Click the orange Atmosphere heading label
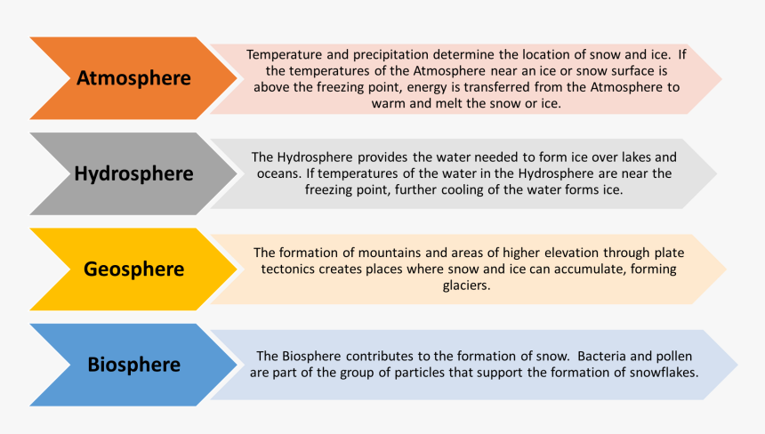tap(133, 78)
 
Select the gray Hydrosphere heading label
tap(133, 173)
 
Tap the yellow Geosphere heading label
tap(133, 269)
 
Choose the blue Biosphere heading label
tap(133, 365)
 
